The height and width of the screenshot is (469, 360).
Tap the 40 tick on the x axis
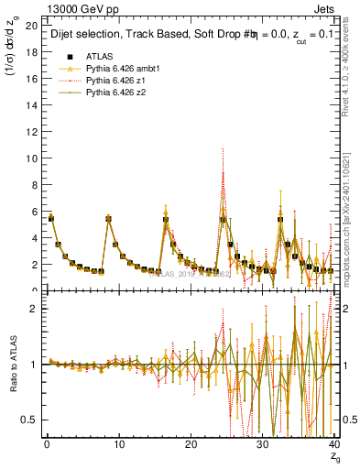[334, 445]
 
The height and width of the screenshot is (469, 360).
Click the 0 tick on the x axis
[47, 445]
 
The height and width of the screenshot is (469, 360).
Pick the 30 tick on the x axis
[263, 445]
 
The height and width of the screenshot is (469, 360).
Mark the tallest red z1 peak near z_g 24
[223, 149]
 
